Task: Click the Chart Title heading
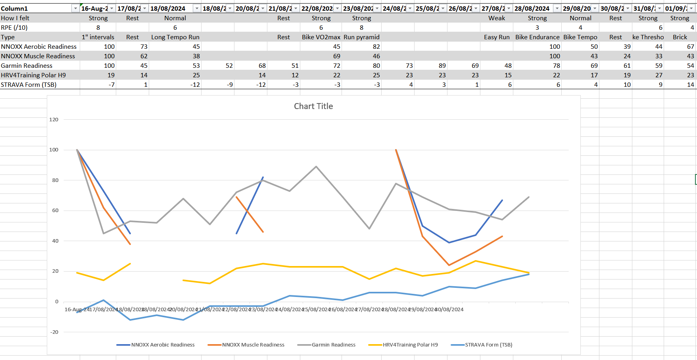point(313,106)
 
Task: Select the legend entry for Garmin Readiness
point(333,345)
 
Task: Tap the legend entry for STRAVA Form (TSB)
point(488,345)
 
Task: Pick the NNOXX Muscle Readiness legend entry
point(253,345)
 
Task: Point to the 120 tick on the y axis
point(54,120)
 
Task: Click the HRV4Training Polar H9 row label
point(33,75)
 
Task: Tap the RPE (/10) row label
point(14,28)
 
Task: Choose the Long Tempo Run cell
point(175,37)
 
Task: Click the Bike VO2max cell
point(321,37)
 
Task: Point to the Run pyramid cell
point(361,37)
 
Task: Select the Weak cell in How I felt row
point(497,18)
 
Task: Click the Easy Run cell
point(497,37)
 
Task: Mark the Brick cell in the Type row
point(680,37)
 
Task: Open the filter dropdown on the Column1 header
point(75,8)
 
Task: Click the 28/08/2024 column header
point(532,8)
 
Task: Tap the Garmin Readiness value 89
point(442,66)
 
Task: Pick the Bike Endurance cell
point(537,37)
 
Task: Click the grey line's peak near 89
point(316,167)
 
